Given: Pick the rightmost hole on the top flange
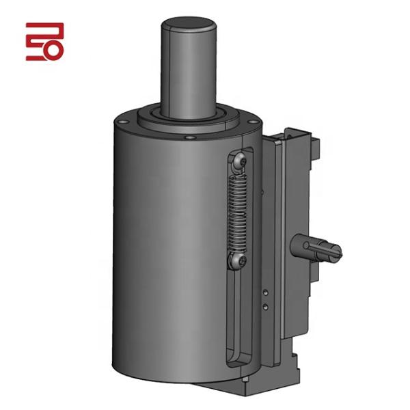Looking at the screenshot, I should click(x=254, y=122).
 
